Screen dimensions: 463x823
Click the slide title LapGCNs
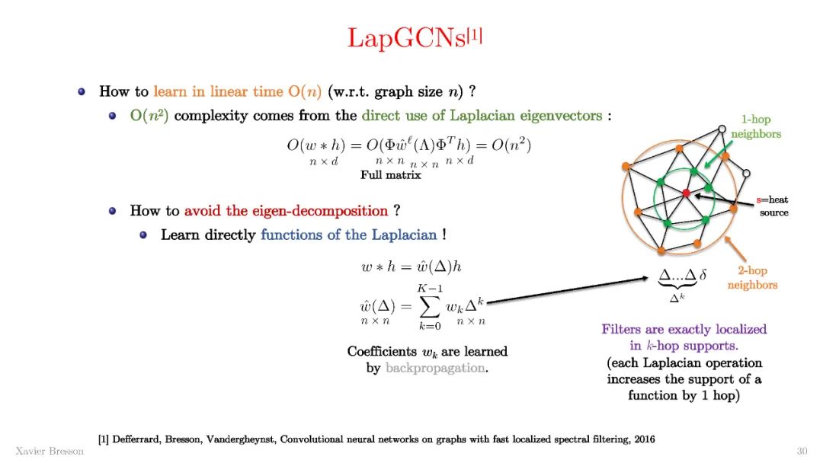pyautogui.click(x=405, y=37)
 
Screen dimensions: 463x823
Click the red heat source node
pyautogui.click(x=686, y=193)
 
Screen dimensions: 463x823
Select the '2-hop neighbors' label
pyautogui.click(x=752, y=278)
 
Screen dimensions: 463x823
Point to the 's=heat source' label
pyautogui.click(x=773, y=206)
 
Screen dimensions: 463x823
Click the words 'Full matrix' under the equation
pyautogui.click(x=390, y=175)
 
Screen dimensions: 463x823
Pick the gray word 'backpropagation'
pyautogui.click(x=435, y=368)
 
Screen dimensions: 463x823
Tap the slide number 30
pyautogui.click(x=802, y=450)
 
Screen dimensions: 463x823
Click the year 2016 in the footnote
pyautogui.click(x=641, y=439)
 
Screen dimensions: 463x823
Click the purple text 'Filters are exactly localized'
pyautogui.click(x=684, y=329)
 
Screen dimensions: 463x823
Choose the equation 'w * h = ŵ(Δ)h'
pyautogui.click(x=411, y=267)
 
